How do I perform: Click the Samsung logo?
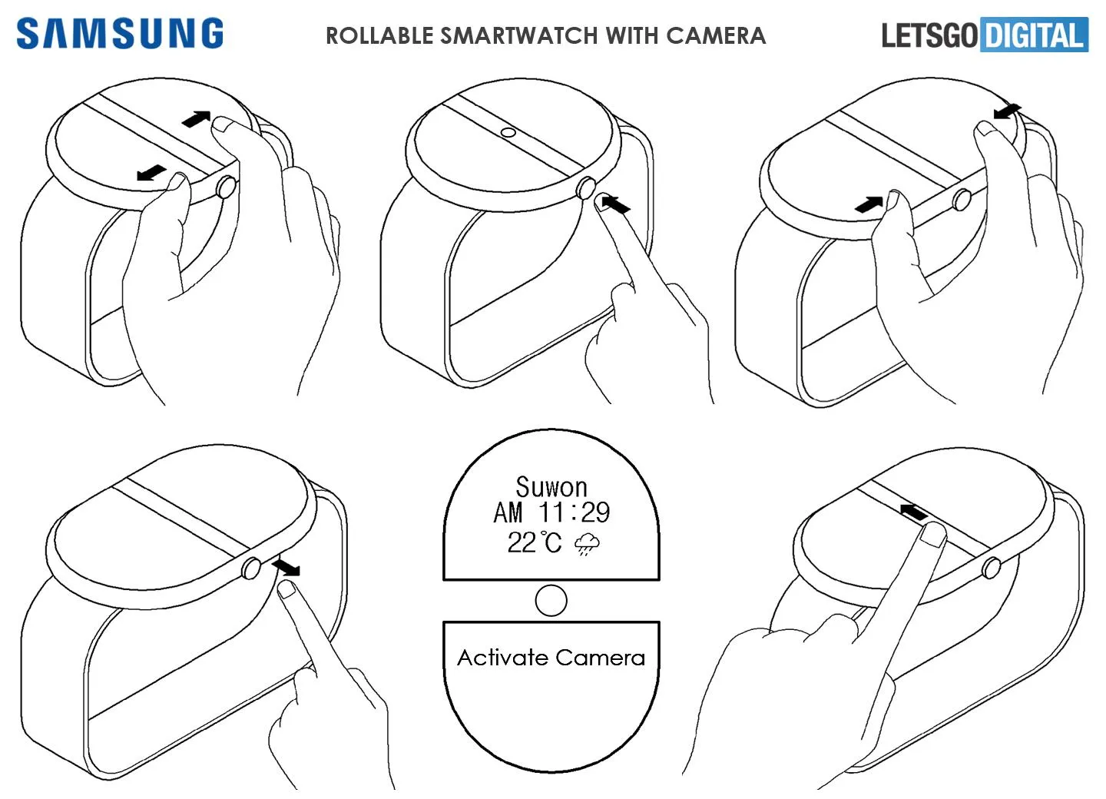[x=120, y=34]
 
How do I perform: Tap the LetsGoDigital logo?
[x=985, y=35]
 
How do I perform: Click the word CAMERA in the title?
[x=716, y=35]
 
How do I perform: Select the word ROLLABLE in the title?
[x=379, y=35]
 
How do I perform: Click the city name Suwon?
[x=551, y=487]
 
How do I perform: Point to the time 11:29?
[x=575, y=512]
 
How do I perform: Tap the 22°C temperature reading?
[x=535, y=542]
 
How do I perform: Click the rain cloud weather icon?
[x=587, y=544]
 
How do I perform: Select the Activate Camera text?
[x=551, y=658]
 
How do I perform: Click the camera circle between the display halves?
[x=551, y=601]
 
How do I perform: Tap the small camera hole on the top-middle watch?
[x=508, y=132]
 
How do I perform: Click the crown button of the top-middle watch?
[x=586, y=188]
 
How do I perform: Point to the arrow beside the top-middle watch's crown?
[x=615, y=204]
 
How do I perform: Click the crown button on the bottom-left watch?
[x=251, y=568]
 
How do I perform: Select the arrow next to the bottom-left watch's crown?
[x=286, y=567]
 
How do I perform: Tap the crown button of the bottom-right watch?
[x=992, y=567]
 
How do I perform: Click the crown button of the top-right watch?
[x=962, y=200]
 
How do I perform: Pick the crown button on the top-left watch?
[x=226, y=187]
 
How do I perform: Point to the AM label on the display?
[x=508, y=512]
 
